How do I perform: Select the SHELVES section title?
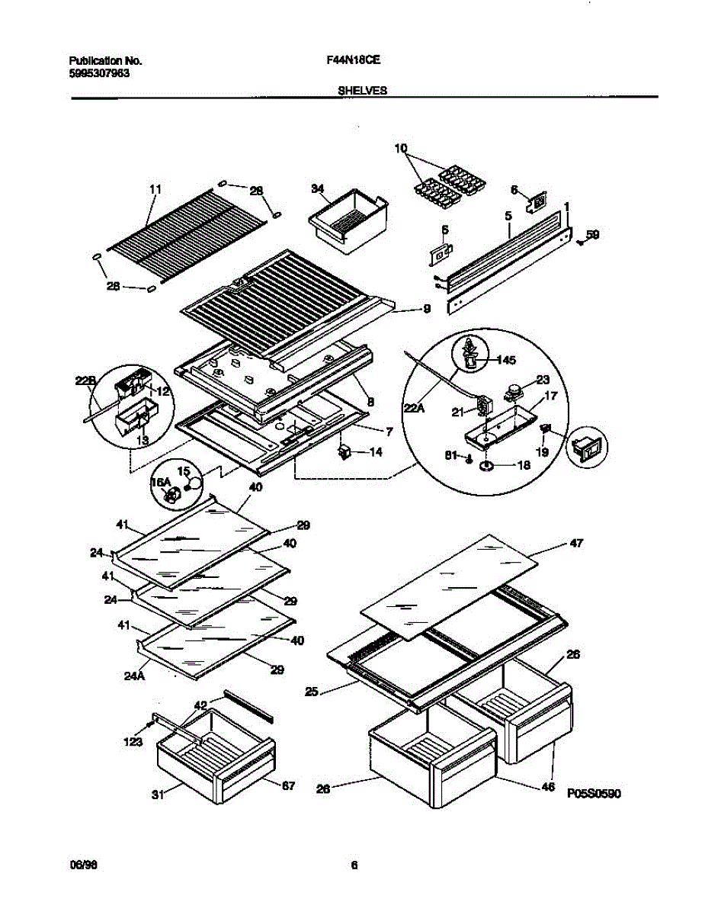click(362, 90)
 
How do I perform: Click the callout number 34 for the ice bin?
click(319, 188)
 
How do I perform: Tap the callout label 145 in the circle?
click(506, 359)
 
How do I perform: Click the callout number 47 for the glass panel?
click(576, 543)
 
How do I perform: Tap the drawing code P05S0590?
click(594, 794)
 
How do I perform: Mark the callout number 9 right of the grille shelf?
click(426, 308)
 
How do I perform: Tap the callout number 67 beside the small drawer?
click(289, 785)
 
